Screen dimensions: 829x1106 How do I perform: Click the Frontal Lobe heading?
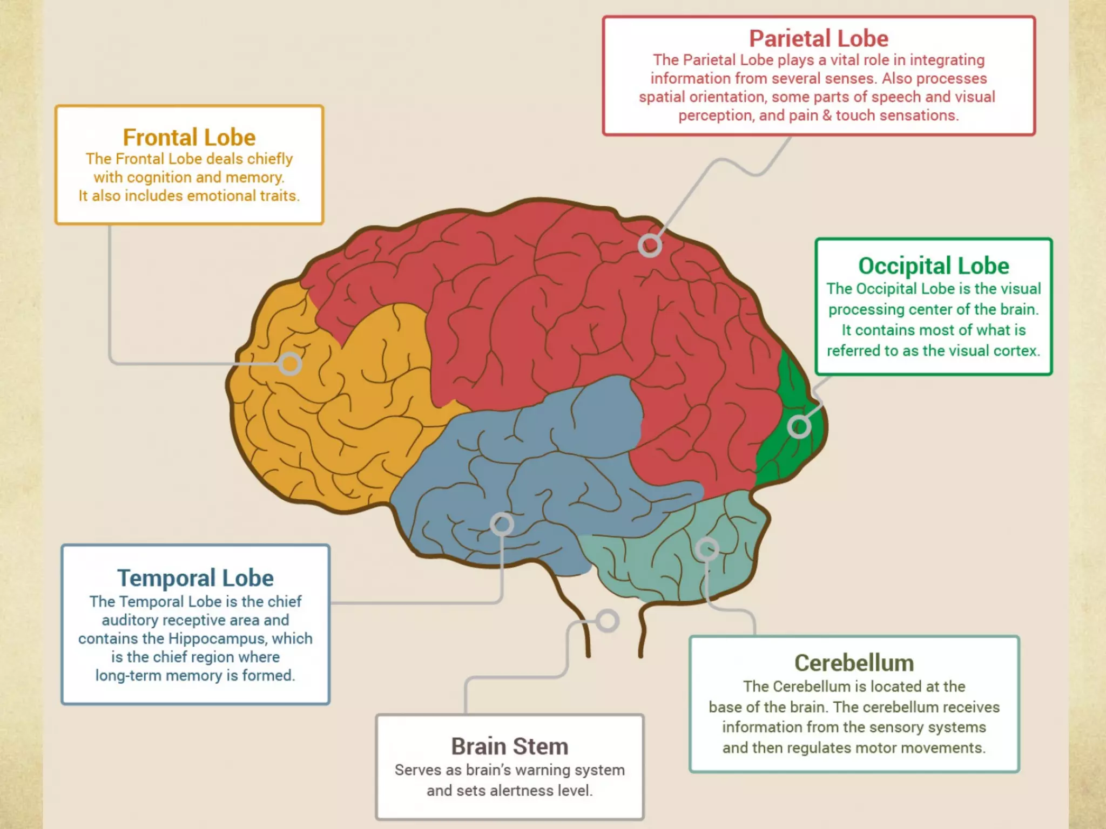(189, 138)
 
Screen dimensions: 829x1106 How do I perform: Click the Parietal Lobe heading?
(818, 39)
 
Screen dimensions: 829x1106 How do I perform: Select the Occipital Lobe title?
(933, 266)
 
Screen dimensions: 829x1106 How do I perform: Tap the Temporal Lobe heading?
(195, 578)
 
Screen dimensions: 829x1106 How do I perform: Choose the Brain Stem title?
(510, 747)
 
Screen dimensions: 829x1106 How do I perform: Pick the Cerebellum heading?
(854, 663)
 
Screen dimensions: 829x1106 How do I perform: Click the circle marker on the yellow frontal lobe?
(290, 364)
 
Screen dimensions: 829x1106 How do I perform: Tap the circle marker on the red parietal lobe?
(650, 246)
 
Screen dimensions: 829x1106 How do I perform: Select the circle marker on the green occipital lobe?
(799, 427)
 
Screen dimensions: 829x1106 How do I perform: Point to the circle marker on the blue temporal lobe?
(502, 524)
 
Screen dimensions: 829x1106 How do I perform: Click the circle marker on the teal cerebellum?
(707, 549)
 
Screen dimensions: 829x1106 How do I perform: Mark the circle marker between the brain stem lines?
(608, 621)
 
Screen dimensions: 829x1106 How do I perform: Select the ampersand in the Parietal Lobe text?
(827, 115)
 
